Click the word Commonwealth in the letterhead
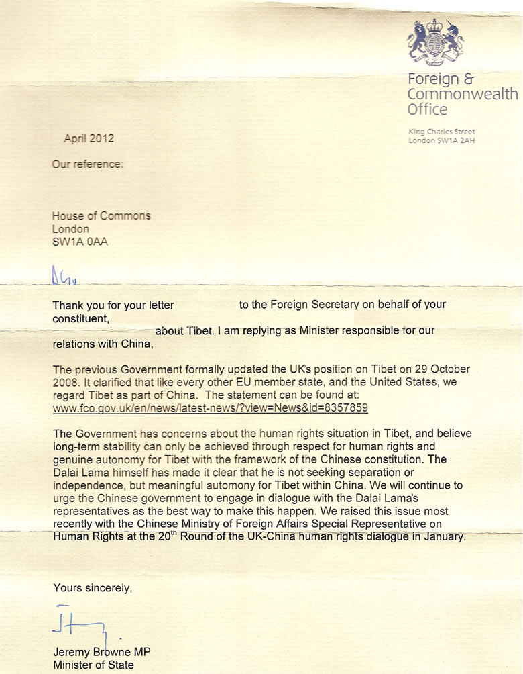pyautogui.click(x=463, y=94)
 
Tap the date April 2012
pyautogui.click(x=89, y=138)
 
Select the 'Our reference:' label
pyautogui.click(x=88, y=164)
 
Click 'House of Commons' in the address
pyautogui.click(x=101, y=215)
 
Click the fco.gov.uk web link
pyautogui.click(x=211, y=407)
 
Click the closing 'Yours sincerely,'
pyautogui.click(x=93, y=588)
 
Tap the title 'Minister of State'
pyautogui.click(x=93, y=665)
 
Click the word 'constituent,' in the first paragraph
pyautogui.click(x=80, y=318)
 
